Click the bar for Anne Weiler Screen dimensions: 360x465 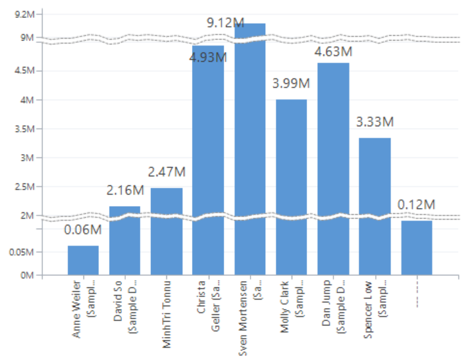pos(83,260)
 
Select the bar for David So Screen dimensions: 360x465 pos(125,241)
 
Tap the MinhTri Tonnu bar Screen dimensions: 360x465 pos(166,231)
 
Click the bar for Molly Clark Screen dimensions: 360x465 pos(291,186)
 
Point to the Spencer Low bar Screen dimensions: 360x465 pos(374,205)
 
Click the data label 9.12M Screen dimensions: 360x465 pos(225,22)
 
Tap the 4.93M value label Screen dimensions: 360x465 pos(207,58)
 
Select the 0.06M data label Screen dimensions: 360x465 pos(83,230)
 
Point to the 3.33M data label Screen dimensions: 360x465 pos(374,122)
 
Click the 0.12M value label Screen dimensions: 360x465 pos(416,205)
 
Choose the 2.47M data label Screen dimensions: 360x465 pos(166,172)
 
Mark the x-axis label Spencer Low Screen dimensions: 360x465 pos(374,308)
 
